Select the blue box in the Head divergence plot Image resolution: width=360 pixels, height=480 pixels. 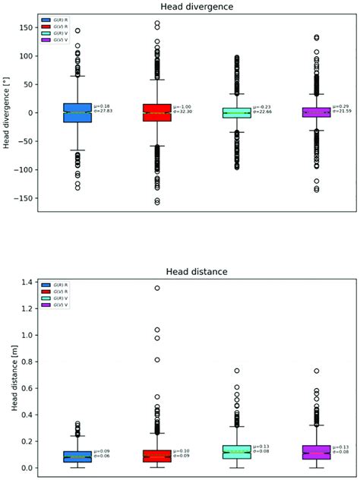77,112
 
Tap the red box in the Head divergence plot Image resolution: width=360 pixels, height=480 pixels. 157,112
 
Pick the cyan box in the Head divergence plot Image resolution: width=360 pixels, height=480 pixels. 236,112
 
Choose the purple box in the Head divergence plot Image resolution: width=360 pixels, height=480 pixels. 316,112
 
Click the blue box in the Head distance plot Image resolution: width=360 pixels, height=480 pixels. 77,456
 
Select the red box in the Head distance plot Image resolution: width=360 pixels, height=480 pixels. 157,456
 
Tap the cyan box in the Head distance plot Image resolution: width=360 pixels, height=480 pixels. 236,452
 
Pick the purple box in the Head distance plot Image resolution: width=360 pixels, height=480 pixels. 316,452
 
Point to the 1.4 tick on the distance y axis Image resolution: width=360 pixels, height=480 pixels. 27,283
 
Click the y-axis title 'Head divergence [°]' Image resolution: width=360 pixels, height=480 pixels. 6,112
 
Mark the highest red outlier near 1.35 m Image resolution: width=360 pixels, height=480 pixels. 157,289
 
